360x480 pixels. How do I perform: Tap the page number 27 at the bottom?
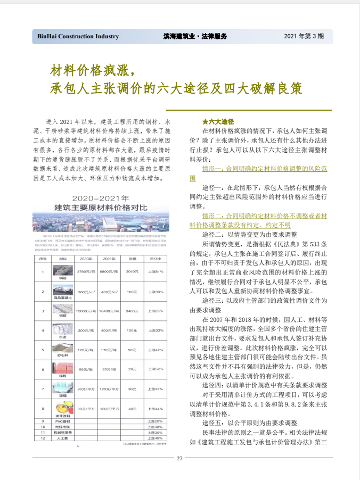pyautogui.click(x=179, y=459)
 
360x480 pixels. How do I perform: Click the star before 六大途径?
pyautogui.click(x=205, y=121)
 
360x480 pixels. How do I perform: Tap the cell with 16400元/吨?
pyautogui.click(x=108, y=311)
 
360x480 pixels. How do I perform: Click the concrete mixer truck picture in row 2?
pyautogui.click(x=63, y=290)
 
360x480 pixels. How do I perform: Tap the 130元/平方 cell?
pyautogui.click(x=108, y=409)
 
